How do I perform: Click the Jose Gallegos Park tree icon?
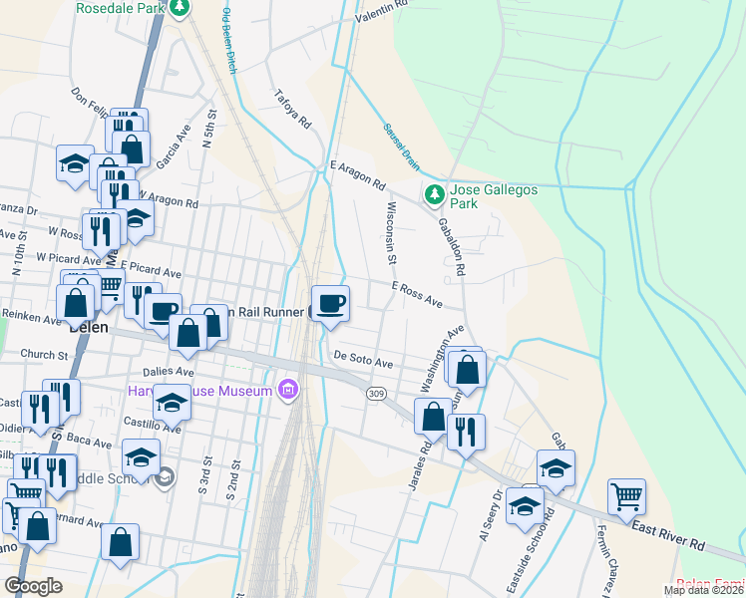tap(434, 195)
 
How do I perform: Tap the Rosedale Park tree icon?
tap(180, 9)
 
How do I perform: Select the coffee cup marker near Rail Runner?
tap(330, 303)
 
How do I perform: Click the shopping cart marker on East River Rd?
tap(626, 496)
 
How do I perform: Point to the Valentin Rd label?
tap(382, 7)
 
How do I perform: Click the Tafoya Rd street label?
tap(294, 112)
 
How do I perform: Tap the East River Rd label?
tap(668, 539)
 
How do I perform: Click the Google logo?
tap(33, 586)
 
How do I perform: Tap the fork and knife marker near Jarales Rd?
tap(466, 432)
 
